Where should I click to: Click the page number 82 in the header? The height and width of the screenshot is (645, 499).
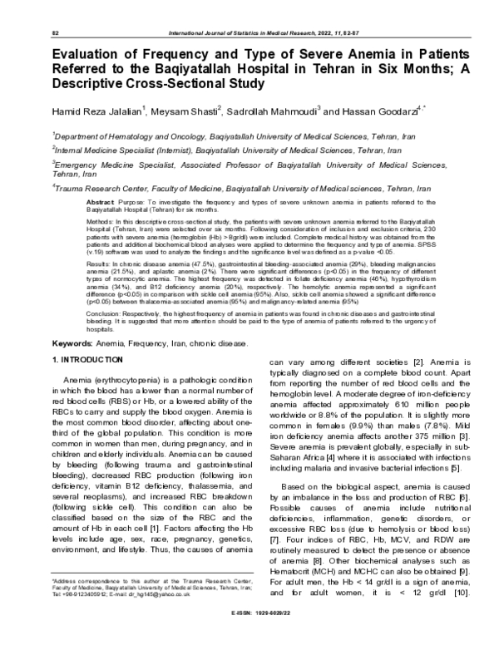coord(55,31)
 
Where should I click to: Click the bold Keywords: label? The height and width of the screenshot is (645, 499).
coord(78,343)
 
